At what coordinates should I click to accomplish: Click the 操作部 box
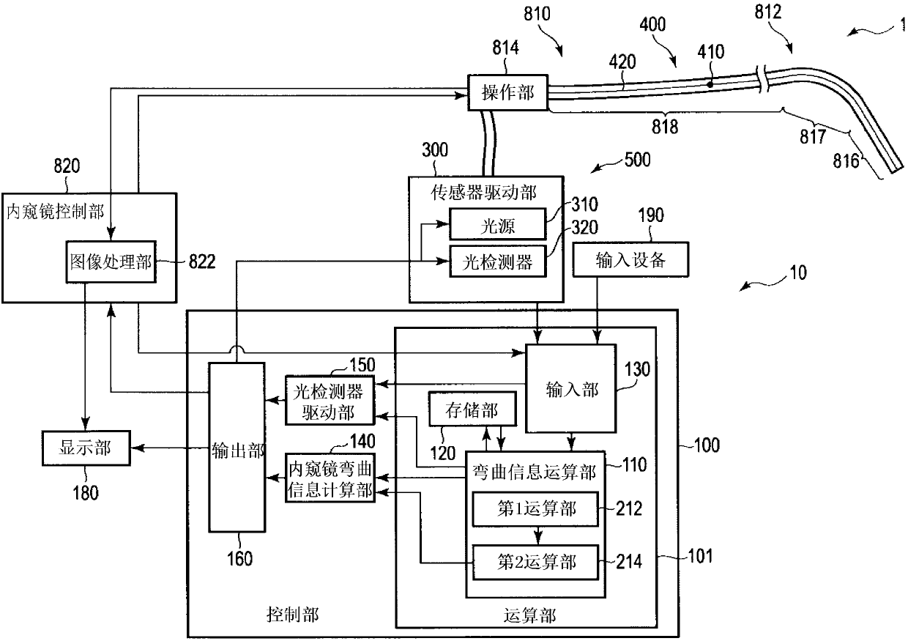pos(507,92)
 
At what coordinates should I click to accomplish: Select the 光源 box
pos(498,224)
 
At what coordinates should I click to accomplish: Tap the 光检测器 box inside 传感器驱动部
pos(498,262)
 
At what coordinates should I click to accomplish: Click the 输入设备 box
pos(630,259)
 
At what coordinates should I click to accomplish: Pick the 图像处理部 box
pos(111,262)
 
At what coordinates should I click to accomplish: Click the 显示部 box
pos(86,448)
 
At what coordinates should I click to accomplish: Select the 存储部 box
pos(472,409)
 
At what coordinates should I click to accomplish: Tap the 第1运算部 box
pos(535,509)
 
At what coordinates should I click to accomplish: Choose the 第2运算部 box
pos(535,562)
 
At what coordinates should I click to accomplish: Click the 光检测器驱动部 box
pos(330,401)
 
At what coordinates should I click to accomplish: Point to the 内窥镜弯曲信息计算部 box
pos(330,478)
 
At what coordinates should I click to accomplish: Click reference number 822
pos(202,262)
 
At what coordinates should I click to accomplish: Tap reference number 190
pos(651,215)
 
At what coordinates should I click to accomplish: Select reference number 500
pos(637,160)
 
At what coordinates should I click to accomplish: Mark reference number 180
pos(86,493)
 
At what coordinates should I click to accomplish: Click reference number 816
pos(846,161)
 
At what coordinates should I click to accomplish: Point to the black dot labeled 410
pos(710,84)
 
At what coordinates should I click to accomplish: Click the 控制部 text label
pos(292,615)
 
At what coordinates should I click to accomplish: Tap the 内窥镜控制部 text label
pos(56,212)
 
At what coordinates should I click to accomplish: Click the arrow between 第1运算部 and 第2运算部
pos(538,536)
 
